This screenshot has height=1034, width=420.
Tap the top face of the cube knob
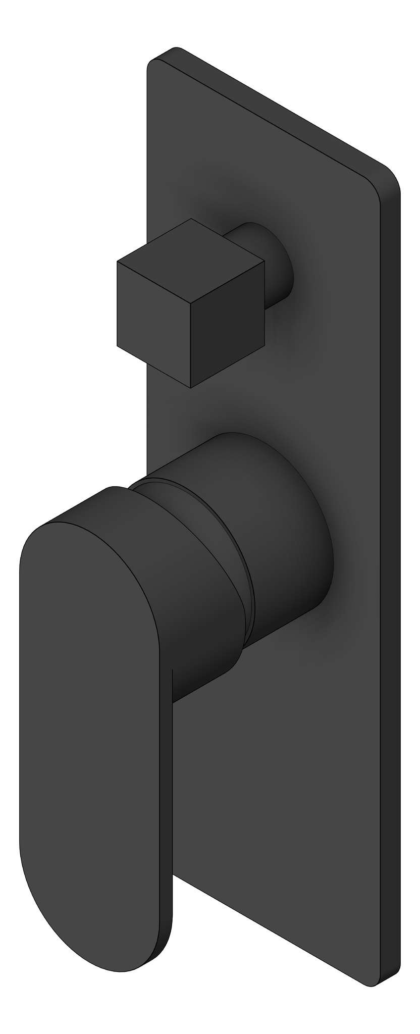tap(191, 261)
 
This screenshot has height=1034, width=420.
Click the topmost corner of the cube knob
tap(191, 219)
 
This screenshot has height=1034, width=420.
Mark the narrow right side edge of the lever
tap(167, 808)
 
